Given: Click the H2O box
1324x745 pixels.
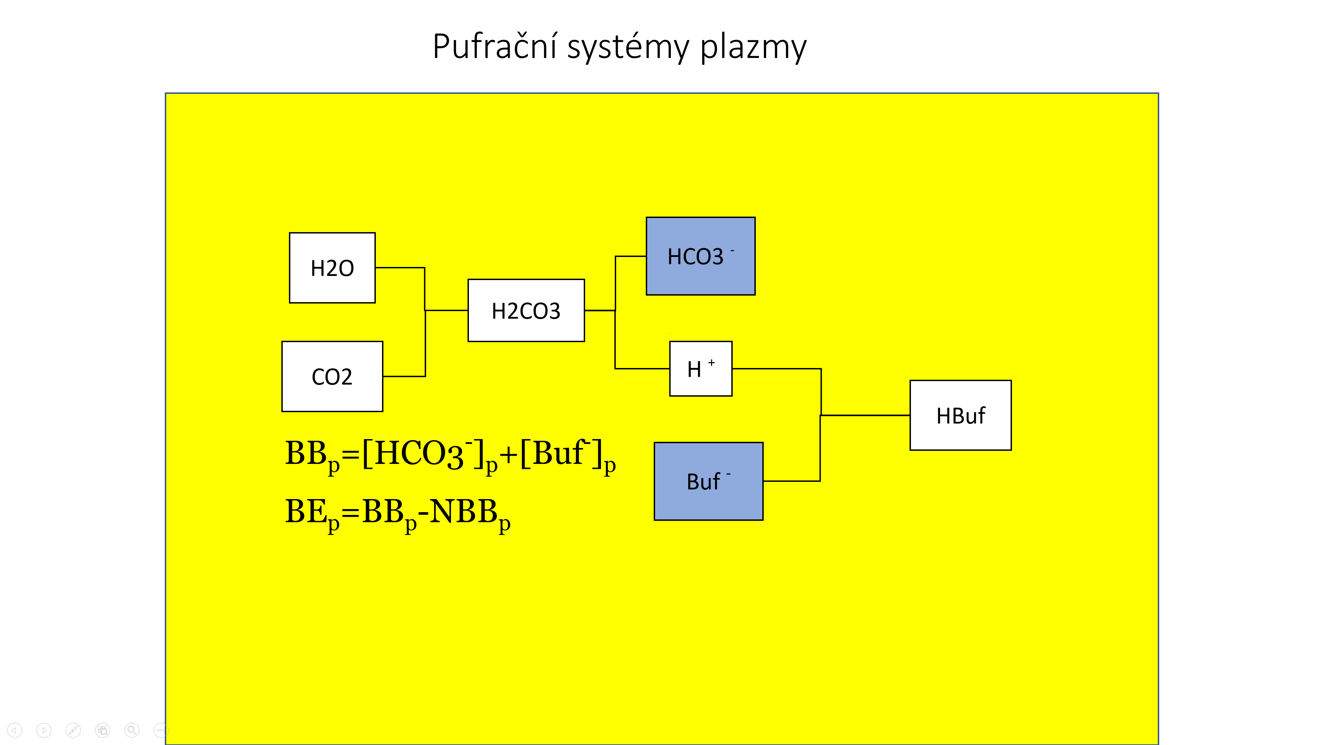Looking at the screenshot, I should click(x=332, y=268).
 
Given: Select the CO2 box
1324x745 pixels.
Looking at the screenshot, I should click(x=332, y=376).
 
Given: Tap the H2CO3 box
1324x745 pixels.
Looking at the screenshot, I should click(x=526, y=310).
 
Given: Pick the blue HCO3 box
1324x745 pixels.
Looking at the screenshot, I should click(x=700, y=256).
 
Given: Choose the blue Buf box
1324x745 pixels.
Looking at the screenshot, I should click(x=708, y=481).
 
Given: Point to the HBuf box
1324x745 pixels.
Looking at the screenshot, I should click(x=960, y=415).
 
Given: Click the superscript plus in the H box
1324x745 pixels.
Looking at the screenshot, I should click(x=711, y=362).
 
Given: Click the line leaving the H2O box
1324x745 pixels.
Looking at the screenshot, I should click(x=400, y=267).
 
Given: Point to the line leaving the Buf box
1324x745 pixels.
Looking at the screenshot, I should click(x=792, y=481).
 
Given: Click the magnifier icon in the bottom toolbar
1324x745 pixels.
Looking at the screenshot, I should click(x=132, y=730).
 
